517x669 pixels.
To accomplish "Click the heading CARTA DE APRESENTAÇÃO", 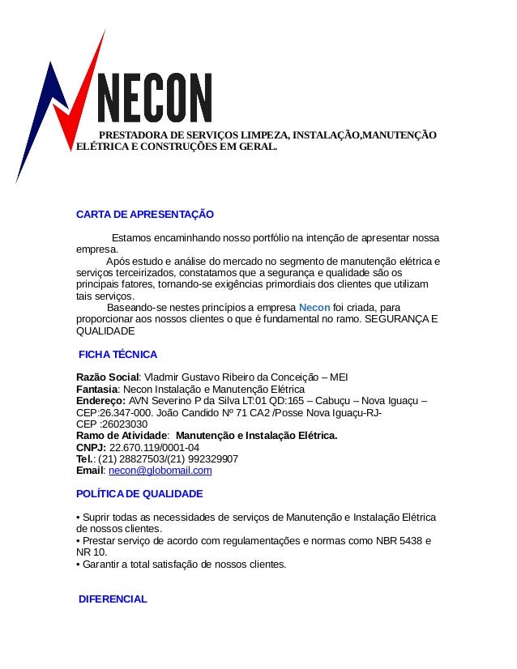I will [144, 215].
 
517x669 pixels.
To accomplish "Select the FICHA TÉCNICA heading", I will [117, 355].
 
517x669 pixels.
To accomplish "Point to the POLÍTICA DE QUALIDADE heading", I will [139, 493].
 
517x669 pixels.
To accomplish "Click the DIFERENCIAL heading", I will [113, 599].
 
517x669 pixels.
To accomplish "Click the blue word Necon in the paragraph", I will [314, 308].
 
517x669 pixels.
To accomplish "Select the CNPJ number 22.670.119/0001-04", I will [154, 447].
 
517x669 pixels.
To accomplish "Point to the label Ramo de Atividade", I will [122, 436].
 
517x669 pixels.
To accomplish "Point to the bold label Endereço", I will [100, 401].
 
